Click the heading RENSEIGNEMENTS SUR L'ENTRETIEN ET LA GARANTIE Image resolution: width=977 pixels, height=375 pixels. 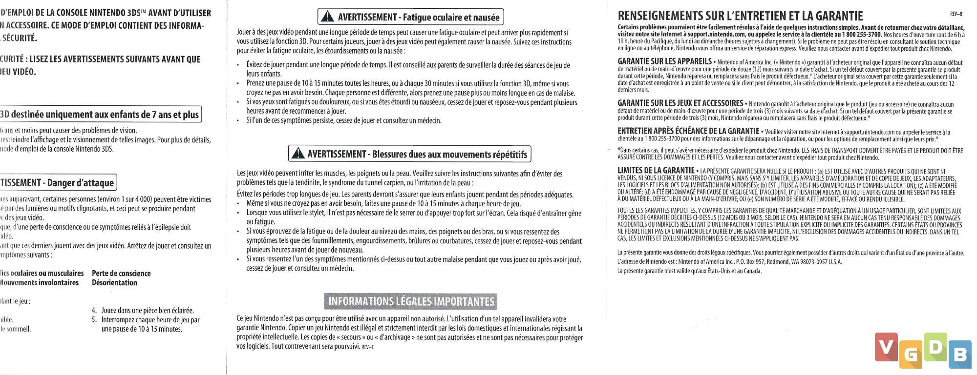tap(740, 16)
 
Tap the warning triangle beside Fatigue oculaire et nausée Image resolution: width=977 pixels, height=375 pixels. tap(327, 18)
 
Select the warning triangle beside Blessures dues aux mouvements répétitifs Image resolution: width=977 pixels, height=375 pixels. tap(297, 154)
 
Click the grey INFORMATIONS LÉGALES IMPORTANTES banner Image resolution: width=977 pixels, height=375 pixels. tap(411, 301)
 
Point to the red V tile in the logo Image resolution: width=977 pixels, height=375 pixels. tap(886, 347)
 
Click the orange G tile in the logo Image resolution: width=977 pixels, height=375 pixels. tap(910, 355)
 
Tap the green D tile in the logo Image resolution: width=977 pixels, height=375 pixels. tap(935, 347)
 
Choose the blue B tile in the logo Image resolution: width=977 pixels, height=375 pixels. tap(959, 355)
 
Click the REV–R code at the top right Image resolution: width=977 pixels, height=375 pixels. tap(956, 15)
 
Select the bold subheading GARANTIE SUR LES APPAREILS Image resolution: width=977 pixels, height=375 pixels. tap(664, 61)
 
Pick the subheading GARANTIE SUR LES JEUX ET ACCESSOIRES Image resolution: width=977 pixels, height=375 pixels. tap(680, 103)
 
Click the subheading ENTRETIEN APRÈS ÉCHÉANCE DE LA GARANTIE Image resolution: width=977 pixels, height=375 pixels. tap(688, 131)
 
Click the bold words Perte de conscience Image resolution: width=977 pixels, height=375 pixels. tap(121, 274)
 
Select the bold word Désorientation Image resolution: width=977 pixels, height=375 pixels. tap(114, 283)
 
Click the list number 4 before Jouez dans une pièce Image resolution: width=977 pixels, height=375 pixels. tap(94, 311)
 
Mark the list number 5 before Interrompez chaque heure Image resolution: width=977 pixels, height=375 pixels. tap(94, 320)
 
